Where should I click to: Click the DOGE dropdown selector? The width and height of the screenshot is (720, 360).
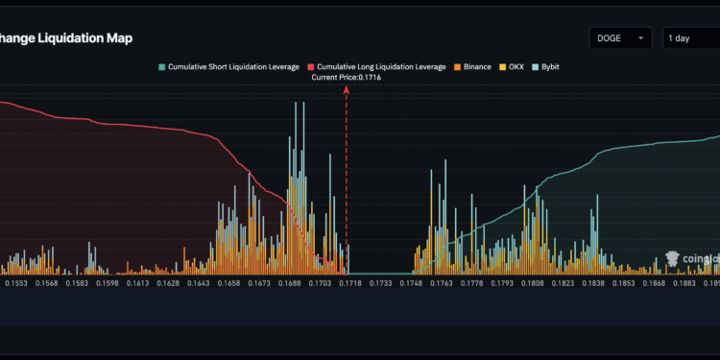click(620, 38)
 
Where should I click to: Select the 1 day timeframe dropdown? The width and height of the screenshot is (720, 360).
click(690, 38)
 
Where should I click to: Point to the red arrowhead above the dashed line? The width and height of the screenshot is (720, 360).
click(347, 88)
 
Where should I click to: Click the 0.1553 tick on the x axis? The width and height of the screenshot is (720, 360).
click(16, 283)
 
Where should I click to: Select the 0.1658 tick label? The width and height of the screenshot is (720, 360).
click(228, 283)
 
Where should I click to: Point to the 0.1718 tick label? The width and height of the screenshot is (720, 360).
click(350, 283)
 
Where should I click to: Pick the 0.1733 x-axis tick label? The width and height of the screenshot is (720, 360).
click(381, 283)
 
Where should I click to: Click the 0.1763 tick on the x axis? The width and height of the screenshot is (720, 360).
click(442, 283)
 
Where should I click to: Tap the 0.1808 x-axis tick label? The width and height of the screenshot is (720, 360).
click(533, 283)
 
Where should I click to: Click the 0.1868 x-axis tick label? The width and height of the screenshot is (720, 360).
click(655, 283)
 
